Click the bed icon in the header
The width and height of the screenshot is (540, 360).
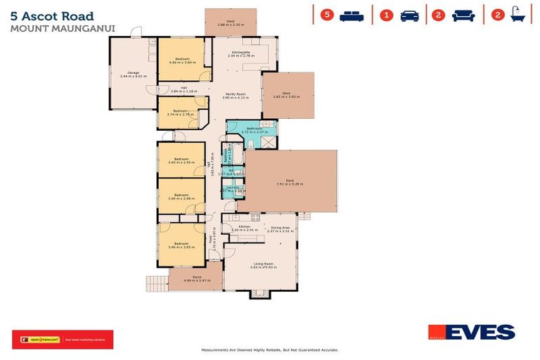click(x=352, y=15)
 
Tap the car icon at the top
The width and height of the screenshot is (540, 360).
click(x=409, y=15)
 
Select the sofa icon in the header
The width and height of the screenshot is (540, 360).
click(x=463, y=15)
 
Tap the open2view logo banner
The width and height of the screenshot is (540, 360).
click(x=62, y=340)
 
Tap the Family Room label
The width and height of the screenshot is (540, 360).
click(x=235, y=96)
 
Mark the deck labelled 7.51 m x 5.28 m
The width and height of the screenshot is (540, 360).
click(x=289, y=182)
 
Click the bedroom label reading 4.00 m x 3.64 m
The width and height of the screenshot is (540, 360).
click(x=183, y=60)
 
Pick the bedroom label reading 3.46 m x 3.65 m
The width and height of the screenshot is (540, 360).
click(x=183, y=245)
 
